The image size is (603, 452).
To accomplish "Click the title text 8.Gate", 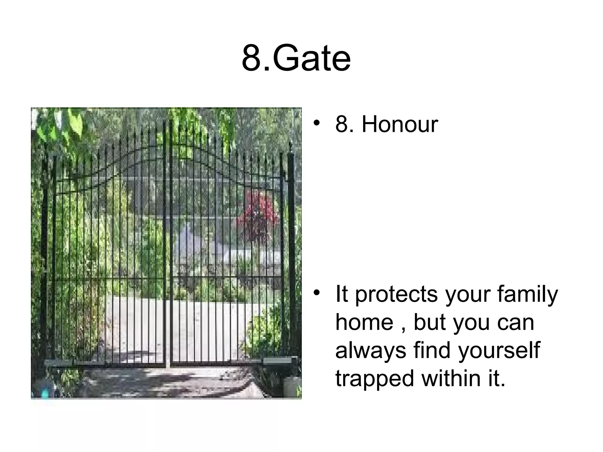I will tap(296, 59).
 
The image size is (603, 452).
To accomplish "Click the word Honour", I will tap(400, 124).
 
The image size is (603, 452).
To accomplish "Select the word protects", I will tap(396, 295).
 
